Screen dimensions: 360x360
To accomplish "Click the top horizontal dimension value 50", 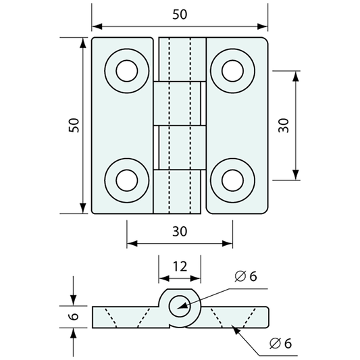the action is tap(180, 14).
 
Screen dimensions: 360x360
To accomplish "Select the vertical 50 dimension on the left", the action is tap(74, 125).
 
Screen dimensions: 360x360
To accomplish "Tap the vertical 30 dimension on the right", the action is tap(283, 125).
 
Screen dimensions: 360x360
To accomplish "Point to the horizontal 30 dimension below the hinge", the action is tap(180, 231).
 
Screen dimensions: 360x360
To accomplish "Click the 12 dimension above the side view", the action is tap(180, 267).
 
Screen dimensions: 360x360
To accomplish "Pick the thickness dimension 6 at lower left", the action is tap(74, 316).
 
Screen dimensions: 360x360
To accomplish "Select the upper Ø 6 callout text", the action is tap(246, 276).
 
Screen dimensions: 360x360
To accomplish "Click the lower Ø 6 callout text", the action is tap(280, 344).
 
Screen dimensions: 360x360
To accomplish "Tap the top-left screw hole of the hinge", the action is tap(127, 71).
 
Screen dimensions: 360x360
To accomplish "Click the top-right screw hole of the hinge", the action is tap(232, 71).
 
